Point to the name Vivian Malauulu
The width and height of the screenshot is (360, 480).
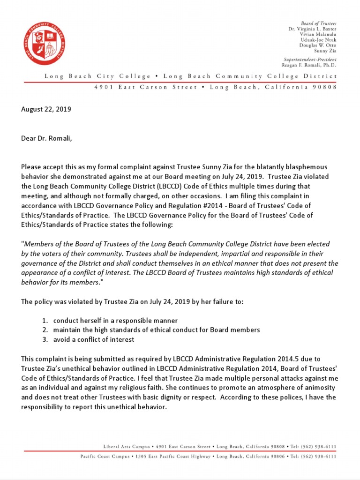[318, 35]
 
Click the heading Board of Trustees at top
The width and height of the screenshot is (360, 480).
[318, 23]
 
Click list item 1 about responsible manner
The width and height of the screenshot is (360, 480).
[115, 321]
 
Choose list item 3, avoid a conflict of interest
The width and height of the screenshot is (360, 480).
[93, 339]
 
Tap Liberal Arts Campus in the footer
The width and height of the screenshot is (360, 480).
[124, 446]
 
